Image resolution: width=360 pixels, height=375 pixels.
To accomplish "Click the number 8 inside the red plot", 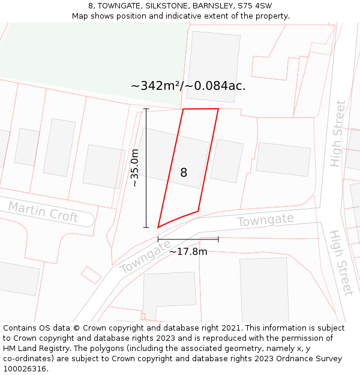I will pyautogui.click(x=184, y=173).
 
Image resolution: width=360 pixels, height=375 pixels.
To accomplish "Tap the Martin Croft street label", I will pyautogui.click(x=43, y=212).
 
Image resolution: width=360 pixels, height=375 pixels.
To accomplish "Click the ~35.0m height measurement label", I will pyautogui.click(x=135, y=168).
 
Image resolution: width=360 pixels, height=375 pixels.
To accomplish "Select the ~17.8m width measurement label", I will pyautogui.click(x=188, y=251).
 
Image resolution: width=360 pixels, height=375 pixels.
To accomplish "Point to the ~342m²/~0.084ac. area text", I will pyautogui.click(x=188, y=86).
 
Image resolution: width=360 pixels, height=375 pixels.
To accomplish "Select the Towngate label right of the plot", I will pyautogui.click(x=265, y=220).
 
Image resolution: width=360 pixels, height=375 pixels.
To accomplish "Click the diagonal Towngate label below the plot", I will pyautogui.click(x=145, y=257).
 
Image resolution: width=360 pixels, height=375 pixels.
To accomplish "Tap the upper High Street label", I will pyautogui.click(x=338, y=133).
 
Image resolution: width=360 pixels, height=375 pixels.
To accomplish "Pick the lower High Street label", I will pyautogui.click(x=340, y=262).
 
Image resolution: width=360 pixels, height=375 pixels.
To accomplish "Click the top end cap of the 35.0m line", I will pyautogui.click(x=146, y=109).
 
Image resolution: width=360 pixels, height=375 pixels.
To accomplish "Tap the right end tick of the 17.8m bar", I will pyautogui.click(x=218, y=239).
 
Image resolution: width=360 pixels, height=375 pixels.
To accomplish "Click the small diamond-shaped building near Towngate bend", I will pyautogui.click(x=91, y=275).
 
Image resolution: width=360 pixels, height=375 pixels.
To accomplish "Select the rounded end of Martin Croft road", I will pyautogui.click(x=90, y=218).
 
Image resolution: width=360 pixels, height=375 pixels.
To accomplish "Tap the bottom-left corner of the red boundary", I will pyautogui.click(x=158, y=227).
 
